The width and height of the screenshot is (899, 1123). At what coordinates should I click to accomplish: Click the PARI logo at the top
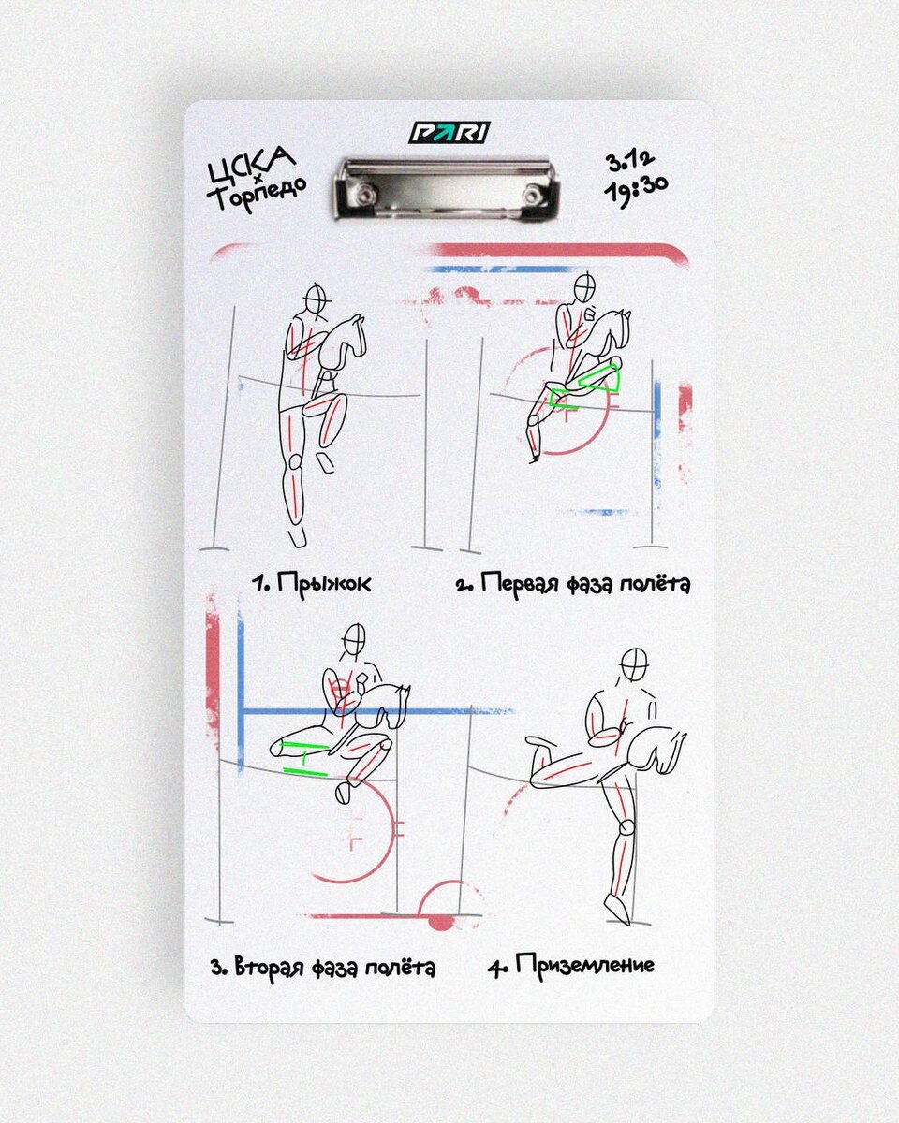pyautogui.click(x=449, y=132)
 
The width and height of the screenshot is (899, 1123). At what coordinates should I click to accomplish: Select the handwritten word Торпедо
pyautogui.click(x=257, y=194)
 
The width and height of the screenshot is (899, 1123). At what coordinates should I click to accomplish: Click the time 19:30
pyautogui.click(x=636, y=190)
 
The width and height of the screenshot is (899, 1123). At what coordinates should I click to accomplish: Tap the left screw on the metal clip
pyautogui.click(x=363, y=196)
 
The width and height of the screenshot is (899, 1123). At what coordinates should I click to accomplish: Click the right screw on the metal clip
pyautogui.click(x=532, y=196)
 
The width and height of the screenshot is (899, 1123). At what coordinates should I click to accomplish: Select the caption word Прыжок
pyautogui.click(x=324, y=583)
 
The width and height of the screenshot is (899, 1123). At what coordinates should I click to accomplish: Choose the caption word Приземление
pyautogui.click(x=585, y=964)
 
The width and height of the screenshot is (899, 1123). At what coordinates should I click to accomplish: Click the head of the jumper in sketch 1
pyautogui.click(x=317, y=299)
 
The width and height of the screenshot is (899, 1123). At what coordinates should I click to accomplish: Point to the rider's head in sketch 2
pyautogui.click(x=585, y=288)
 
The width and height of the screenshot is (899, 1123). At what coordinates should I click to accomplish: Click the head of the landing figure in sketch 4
pyautogui.click(x=635, y=665)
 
